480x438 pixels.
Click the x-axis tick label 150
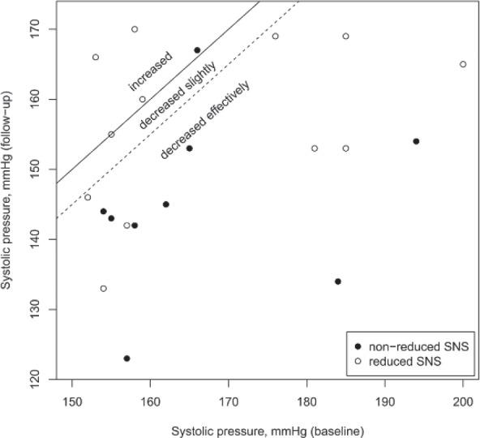click(x=72, y=400)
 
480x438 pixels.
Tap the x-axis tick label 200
click(x=463, y=400)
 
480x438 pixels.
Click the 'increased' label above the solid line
click(x=151, y=72)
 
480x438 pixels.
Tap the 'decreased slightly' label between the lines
click(x=177, y=96)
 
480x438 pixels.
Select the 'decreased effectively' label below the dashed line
click(x=205, y=119)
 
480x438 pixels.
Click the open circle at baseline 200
click(x=463, y=64)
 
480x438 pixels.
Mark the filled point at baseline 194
click(x=416, y=141)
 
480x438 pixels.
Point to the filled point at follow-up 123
click(x=126, y=359)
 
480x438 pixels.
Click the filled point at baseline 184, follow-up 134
click(x=338, y=281)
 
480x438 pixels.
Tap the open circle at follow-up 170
click(x=135, y=29)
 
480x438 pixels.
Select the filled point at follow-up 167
click(x=197, y=50)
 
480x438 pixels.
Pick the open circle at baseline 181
click(x=315, y=148)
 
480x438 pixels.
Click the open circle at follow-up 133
click(x=103, y=289)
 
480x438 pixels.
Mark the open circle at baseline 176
click(x=276, y=36)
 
